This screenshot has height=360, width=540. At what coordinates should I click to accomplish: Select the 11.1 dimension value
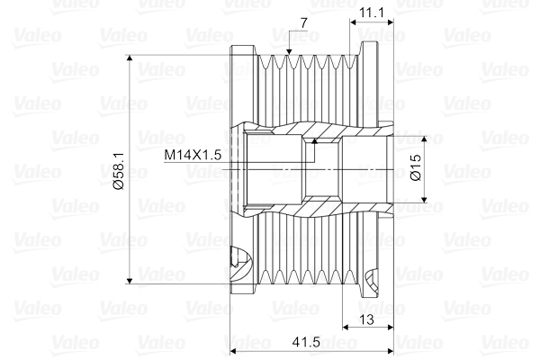pos(371,12)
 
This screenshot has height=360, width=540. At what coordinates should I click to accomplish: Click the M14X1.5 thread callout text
pos(193,154)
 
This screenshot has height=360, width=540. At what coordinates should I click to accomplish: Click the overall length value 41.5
pos(310,343)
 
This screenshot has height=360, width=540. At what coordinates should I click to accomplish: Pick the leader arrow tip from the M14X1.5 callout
pos(314,140)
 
